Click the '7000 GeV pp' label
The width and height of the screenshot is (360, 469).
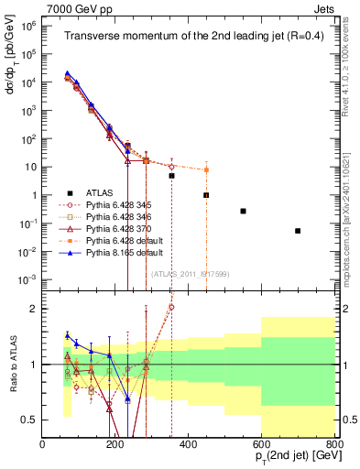point(73,7)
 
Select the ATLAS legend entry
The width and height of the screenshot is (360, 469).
point(92,192)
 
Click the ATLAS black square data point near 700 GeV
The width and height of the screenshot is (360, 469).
point(298,231)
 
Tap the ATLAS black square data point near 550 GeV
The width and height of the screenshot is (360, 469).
point(243,211)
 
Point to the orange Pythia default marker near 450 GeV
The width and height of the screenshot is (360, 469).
point(207,169)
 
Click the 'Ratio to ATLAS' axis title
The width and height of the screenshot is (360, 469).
point(11,364)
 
